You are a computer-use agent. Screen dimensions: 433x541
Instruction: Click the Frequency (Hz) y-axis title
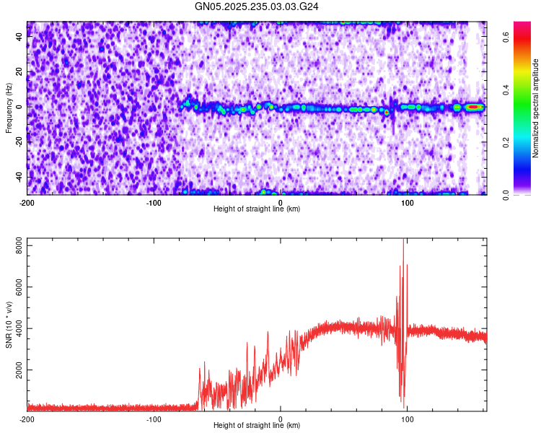point(9,108)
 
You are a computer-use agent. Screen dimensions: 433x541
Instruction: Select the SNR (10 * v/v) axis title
point(9,325)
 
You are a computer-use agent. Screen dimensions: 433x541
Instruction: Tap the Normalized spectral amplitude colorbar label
point(536,108)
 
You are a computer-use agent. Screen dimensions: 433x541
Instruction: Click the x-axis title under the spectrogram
point(257,209)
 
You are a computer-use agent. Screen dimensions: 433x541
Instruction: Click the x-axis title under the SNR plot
point(257,425)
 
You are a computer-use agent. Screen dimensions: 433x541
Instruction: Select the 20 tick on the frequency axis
point(19,71)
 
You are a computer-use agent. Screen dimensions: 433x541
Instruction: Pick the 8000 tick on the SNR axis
point(15,246)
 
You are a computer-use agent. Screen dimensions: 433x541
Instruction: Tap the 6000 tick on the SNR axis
point(15,287)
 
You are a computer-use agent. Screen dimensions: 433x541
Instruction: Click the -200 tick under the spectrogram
point(27,202)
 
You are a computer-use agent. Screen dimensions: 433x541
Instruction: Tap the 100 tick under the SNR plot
point(408,419)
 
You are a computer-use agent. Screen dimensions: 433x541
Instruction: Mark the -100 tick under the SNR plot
point(154,419)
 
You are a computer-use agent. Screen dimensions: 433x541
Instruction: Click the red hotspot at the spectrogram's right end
point(474,107)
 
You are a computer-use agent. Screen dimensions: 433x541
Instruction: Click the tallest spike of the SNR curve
point(404,241)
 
